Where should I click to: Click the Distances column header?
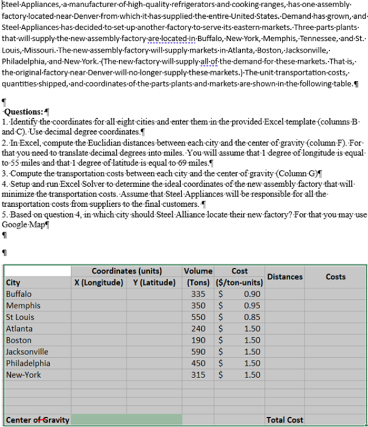[284, 276]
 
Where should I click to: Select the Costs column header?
[335, 276]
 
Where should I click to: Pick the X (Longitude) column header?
[98, 282]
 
